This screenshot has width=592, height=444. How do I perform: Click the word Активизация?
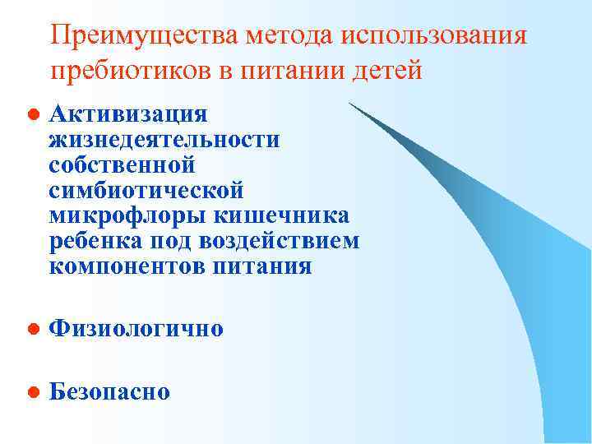coord(128,113)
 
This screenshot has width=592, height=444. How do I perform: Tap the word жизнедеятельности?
coord(164,139)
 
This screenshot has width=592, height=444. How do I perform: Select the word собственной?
coord(122,164)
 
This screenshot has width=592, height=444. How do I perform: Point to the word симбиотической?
coord(146,190)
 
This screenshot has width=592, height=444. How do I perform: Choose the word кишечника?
coord(280,215)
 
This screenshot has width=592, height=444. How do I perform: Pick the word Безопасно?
coord(109,391)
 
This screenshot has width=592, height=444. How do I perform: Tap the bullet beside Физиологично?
coord(30,329)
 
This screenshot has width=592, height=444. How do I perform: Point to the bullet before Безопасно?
coord(30,392)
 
